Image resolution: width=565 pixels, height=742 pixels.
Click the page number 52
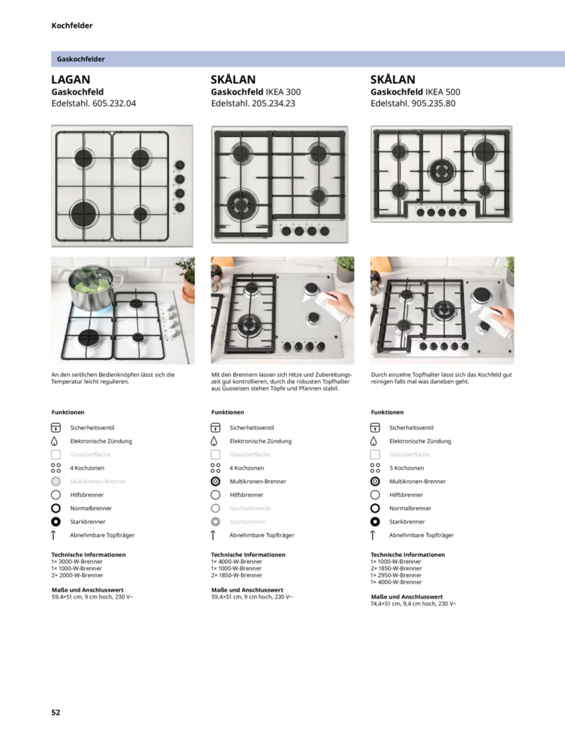pyautogui.click(x=56, y=712)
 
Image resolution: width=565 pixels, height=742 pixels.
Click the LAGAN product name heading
pyautogui.click(x=71, y=80)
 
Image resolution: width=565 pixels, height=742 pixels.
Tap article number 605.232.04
pyautogui.click(x=109, y=103)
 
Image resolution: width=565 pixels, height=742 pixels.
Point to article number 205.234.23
pyautogui.click(x=269, y=103)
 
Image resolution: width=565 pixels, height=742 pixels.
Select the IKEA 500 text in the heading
pyautogui.click(x=443, y=92)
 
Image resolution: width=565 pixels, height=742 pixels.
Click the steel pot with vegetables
pyautogui.click(x=88, y=288)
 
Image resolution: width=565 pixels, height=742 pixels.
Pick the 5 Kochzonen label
pyautogui.click(x=407, y=468)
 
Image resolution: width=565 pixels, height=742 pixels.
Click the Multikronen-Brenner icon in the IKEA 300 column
pyautogui.click(x=215, y=481)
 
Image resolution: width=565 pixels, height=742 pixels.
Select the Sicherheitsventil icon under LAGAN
pyautogui.click(x=56, y=428)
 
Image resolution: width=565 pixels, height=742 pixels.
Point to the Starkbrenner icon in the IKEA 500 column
pyautogui.click(x=375, y=522)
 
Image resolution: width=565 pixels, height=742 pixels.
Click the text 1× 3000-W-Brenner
pyautogui.click(x=76, y=561)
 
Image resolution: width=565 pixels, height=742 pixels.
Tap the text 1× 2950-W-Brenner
pyautogui.click(x=396, y=575)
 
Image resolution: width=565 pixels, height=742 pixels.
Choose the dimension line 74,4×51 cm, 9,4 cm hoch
pyautogui.click(x=413, y=604)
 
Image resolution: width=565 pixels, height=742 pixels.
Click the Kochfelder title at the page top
pyautogui.click(x=72, y=25)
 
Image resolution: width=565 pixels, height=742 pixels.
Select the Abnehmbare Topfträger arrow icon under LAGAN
pyautogui.click(x=56, y=535)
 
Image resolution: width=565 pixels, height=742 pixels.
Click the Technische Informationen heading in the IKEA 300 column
pyautogui.click(x=248, y=555)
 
